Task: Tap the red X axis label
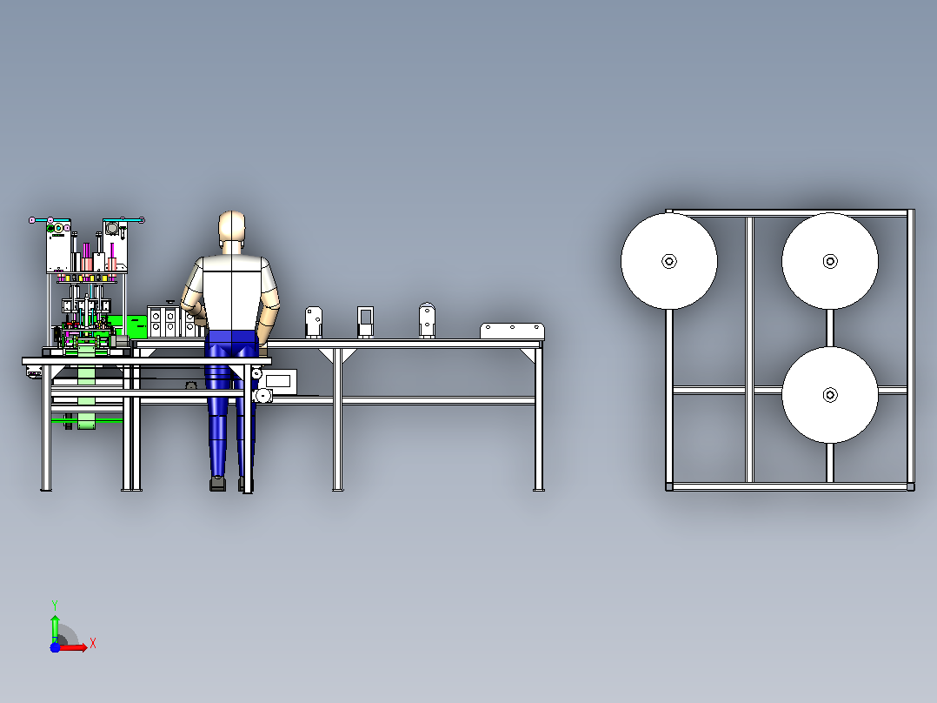93,644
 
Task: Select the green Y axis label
55,606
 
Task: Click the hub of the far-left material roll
669,262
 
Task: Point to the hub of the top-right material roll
830,262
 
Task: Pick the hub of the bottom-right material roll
830,395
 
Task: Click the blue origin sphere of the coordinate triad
55,647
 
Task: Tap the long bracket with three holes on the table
512,331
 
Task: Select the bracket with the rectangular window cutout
365,322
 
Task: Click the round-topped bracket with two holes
427,320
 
